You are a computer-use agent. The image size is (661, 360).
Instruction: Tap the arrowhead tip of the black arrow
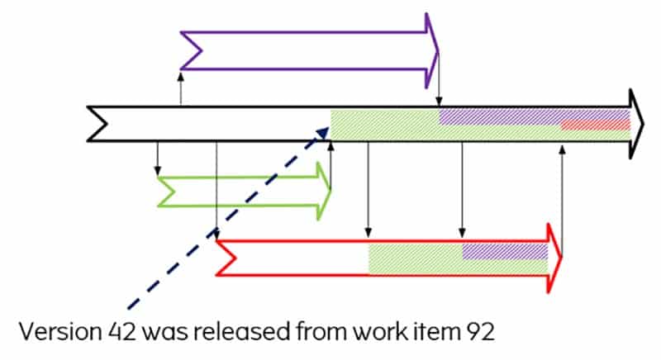point(642,124)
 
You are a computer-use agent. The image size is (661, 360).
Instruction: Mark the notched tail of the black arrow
point(97,124)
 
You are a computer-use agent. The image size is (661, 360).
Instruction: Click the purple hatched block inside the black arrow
point(496,116)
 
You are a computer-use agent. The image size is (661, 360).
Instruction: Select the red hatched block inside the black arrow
point(596,126)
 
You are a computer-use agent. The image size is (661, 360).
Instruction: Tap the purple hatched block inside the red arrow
point(504,251)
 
